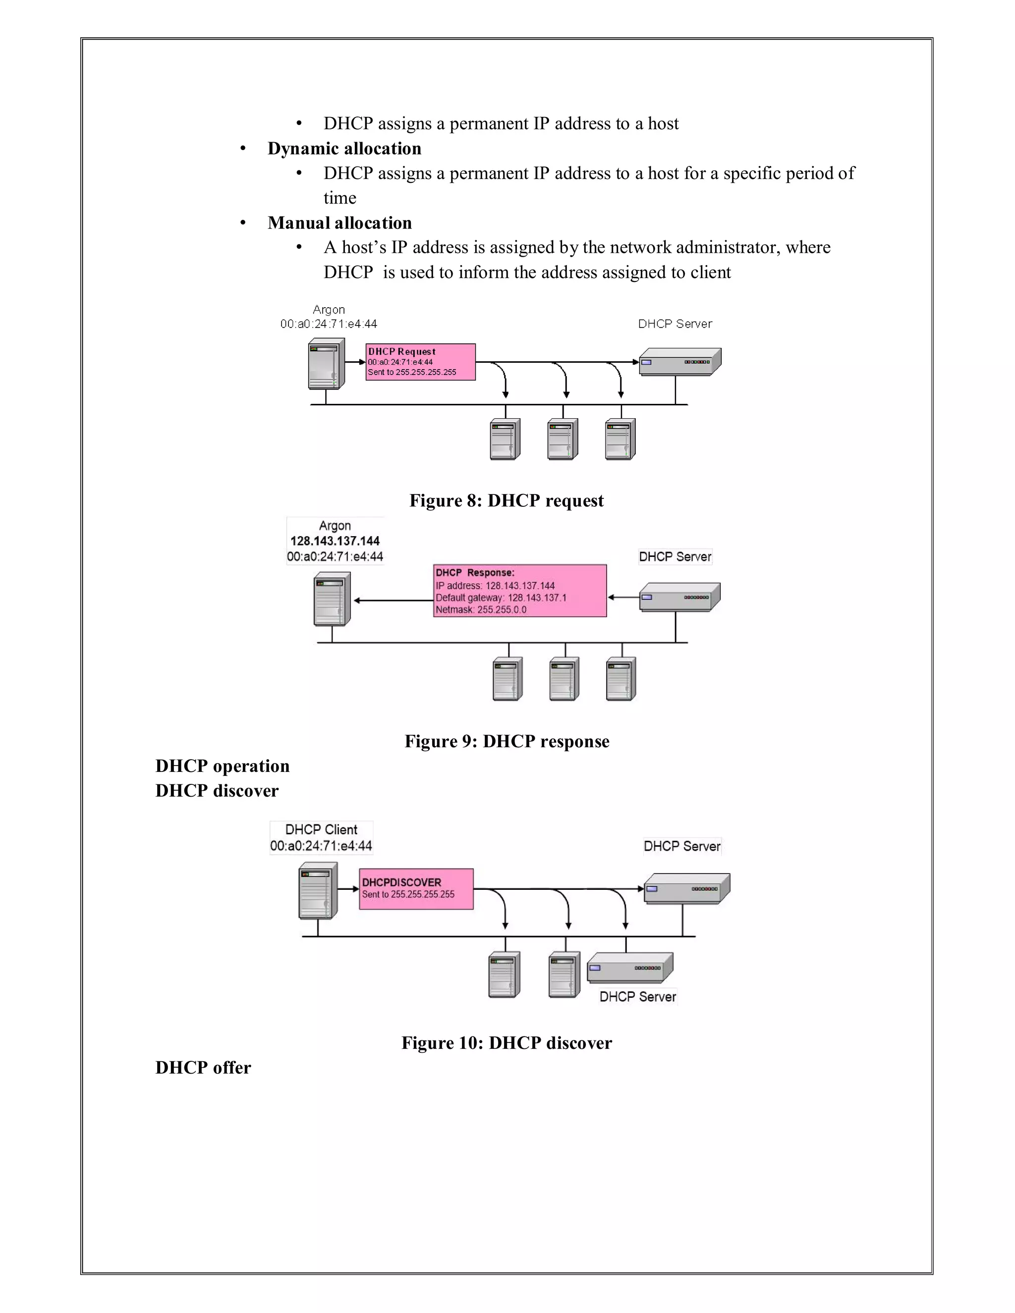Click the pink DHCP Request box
[x=420, y=362]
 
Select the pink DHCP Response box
[x=519, y=591]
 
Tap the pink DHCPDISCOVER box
[x=416, y=888]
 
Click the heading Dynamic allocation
[x=344, y=149]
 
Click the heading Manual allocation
[x=339, y=223]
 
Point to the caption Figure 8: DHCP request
[x=507, y=501]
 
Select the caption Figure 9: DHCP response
[x=507, y=741]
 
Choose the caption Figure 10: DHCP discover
[x=507, y=1042]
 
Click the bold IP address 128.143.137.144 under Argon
[x=335, y=541]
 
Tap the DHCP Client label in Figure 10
[x=321, y=829]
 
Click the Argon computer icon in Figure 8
[x=327, y=364]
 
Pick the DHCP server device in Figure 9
[x=679, y=597]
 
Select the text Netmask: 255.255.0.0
[x=481, y=609]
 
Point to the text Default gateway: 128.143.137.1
[x=501, y=598]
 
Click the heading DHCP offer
[x=203, y=1068]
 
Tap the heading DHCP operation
[x=223, y=766]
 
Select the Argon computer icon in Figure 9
[x=332, y=599]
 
